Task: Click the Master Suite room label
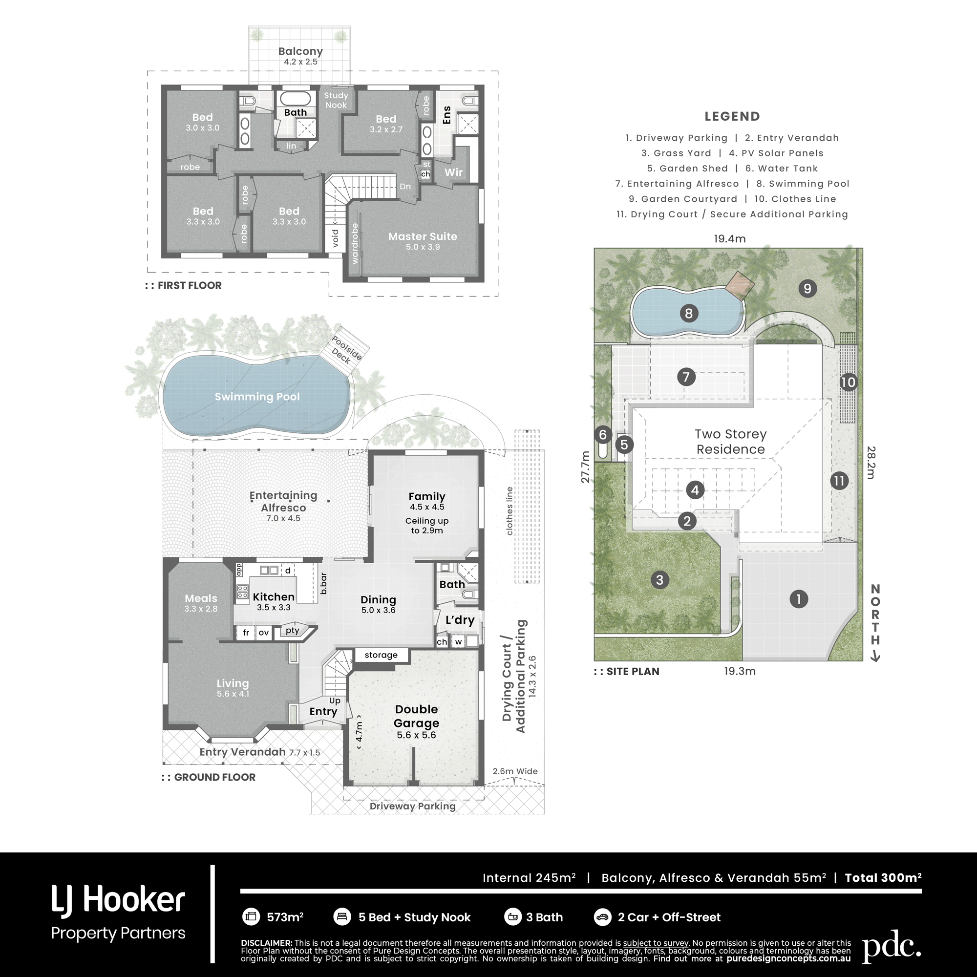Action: click(x=422, y=236)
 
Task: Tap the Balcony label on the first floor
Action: click(x=300, y=51)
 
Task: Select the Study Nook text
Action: click(x=336, y=100)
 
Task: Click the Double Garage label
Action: click(x=416, y=716)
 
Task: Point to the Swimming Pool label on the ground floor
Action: click(x=257, y=397)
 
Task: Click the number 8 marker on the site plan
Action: click(x=688, y=314)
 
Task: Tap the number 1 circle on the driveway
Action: click(x=799, y=599)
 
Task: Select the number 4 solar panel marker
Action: click(x=695, y=489)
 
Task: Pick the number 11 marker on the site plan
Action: click(x=839, y=480)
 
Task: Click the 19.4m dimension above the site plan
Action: click(x=729, y=239)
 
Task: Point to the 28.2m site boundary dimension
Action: click(x=871, y=462)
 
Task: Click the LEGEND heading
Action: click(x=732, y=116)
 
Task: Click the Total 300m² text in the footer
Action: click(x=883, y=877)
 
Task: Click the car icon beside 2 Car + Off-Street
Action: click(x=602, y=917)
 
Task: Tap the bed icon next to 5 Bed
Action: click(x=342, y=917)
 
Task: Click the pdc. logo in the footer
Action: click(x=891, y=948)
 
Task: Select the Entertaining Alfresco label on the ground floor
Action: click(x=283, y=502)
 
